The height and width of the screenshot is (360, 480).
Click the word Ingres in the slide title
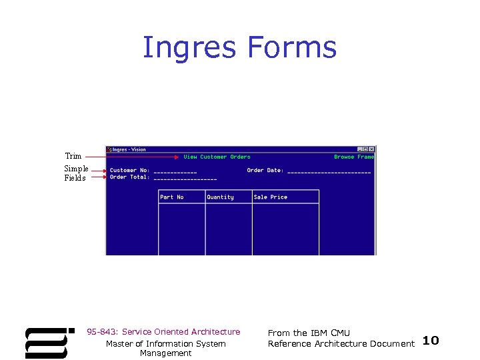(x=190, y=48)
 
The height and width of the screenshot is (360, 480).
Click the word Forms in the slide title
(x=292, y=48)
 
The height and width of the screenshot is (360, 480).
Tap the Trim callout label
(x=73, y=156)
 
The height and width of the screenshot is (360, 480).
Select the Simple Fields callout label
(x=76, y=173)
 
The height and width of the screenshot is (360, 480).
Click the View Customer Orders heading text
(x=217, y=157)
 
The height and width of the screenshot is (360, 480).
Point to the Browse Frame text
(x=354, y=157)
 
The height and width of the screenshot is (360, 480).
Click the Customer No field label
(x=129, y=171)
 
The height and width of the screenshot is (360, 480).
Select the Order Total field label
(x=129, y=177)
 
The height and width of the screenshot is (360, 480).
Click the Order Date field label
(x=265, y=171)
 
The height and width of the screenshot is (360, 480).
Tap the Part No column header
(x=172, y=197)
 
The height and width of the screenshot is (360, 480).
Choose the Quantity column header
(x=220, y=197)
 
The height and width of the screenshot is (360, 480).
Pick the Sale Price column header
(x=271, y=197)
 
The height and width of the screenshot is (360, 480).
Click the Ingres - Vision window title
(x=129, y=149)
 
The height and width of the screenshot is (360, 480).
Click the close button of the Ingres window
(x=372, y=149)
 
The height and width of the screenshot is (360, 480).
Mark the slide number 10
(x=431, y=341)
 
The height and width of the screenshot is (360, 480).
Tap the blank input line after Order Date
(x=329, y=172)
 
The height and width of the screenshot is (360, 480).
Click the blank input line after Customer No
(x=175, y=172)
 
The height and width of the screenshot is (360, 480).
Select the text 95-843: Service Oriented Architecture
(x=163, y=332)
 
